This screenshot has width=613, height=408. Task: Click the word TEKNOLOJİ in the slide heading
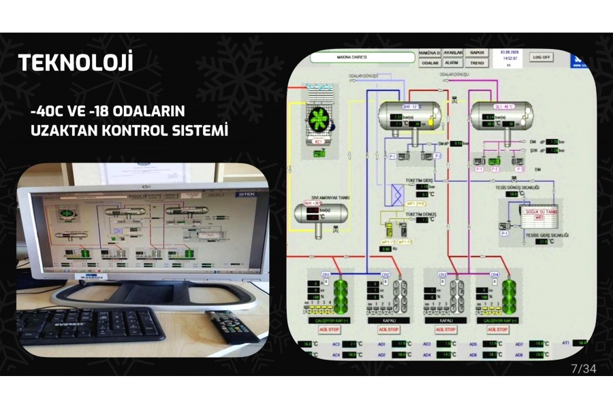[x=76, y=63]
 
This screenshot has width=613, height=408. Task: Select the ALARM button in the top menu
[x=453, y=63]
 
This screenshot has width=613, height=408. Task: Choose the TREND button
[x=477, y=63]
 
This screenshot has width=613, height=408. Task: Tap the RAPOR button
[x=477, y=52]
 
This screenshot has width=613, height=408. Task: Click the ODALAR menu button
[x=430, y=63]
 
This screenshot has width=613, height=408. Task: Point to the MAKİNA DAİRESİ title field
[x=362, y=58]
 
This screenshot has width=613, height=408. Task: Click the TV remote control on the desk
[x=231, y=326]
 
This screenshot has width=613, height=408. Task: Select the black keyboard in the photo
[x=91, y=324]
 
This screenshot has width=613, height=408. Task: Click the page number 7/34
[x=583, y=369]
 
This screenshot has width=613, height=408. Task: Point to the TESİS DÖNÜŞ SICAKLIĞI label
[x=518, y=187]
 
